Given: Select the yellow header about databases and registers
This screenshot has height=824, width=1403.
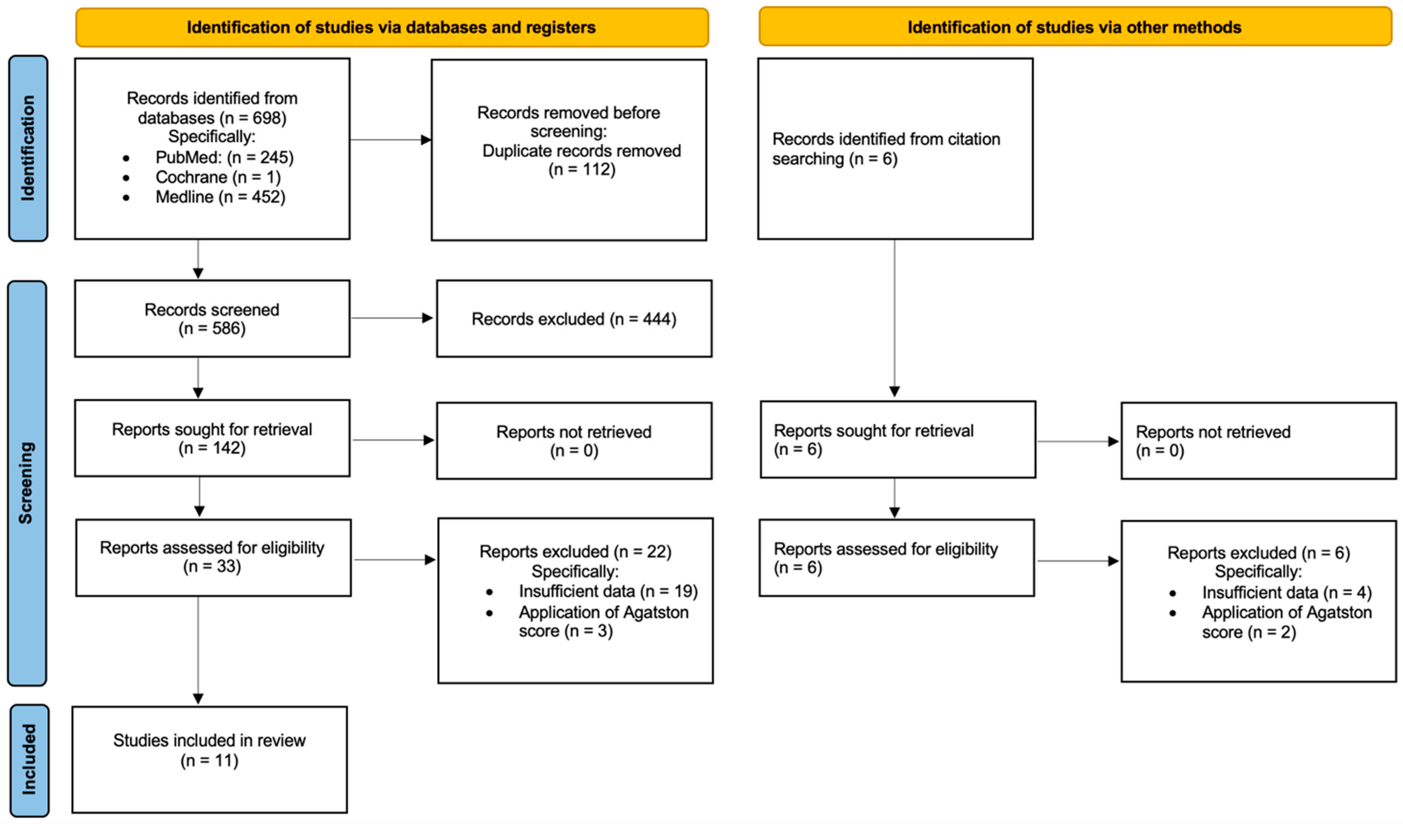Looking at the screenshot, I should [x=392, y=27].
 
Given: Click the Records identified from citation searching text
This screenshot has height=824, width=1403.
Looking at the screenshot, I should [x=885, y=149].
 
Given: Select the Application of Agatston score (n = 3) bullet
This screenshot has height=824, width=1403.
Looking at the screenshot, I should [x=603, y=621].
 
